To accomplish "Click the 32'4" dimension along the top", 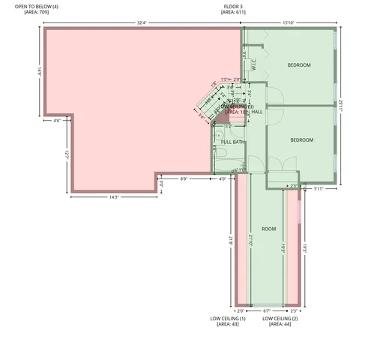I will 142,22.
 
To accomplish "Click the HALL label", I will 256,112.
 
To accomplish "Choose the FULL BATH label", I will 232,142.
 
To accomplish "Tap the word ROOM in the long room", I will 268,229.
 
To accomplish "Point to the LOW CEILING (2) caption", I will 280,319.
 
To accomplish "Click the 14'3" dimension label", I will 115,196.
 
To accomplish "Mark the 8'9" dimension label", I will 184,178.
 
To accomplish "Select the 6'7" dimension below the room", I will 267,310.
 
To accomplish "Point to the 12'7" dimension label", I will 66,152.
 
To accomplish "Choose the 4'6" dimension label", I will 57,120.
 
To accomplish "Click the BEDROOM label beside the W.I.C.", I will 299,65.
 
